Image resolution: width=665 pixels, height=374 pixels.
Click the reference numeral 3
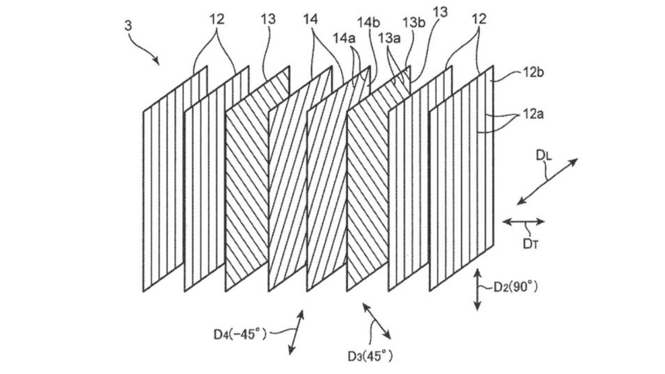(x=128, y=26)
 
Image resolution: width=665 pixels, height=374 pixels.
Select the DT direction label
(x=530, y=243)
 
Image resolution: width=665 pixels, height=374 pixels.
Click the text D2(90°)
(x=515, y=287)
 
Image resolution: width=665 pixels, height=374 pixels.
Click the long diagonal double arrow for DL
(x=547, y=180)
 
